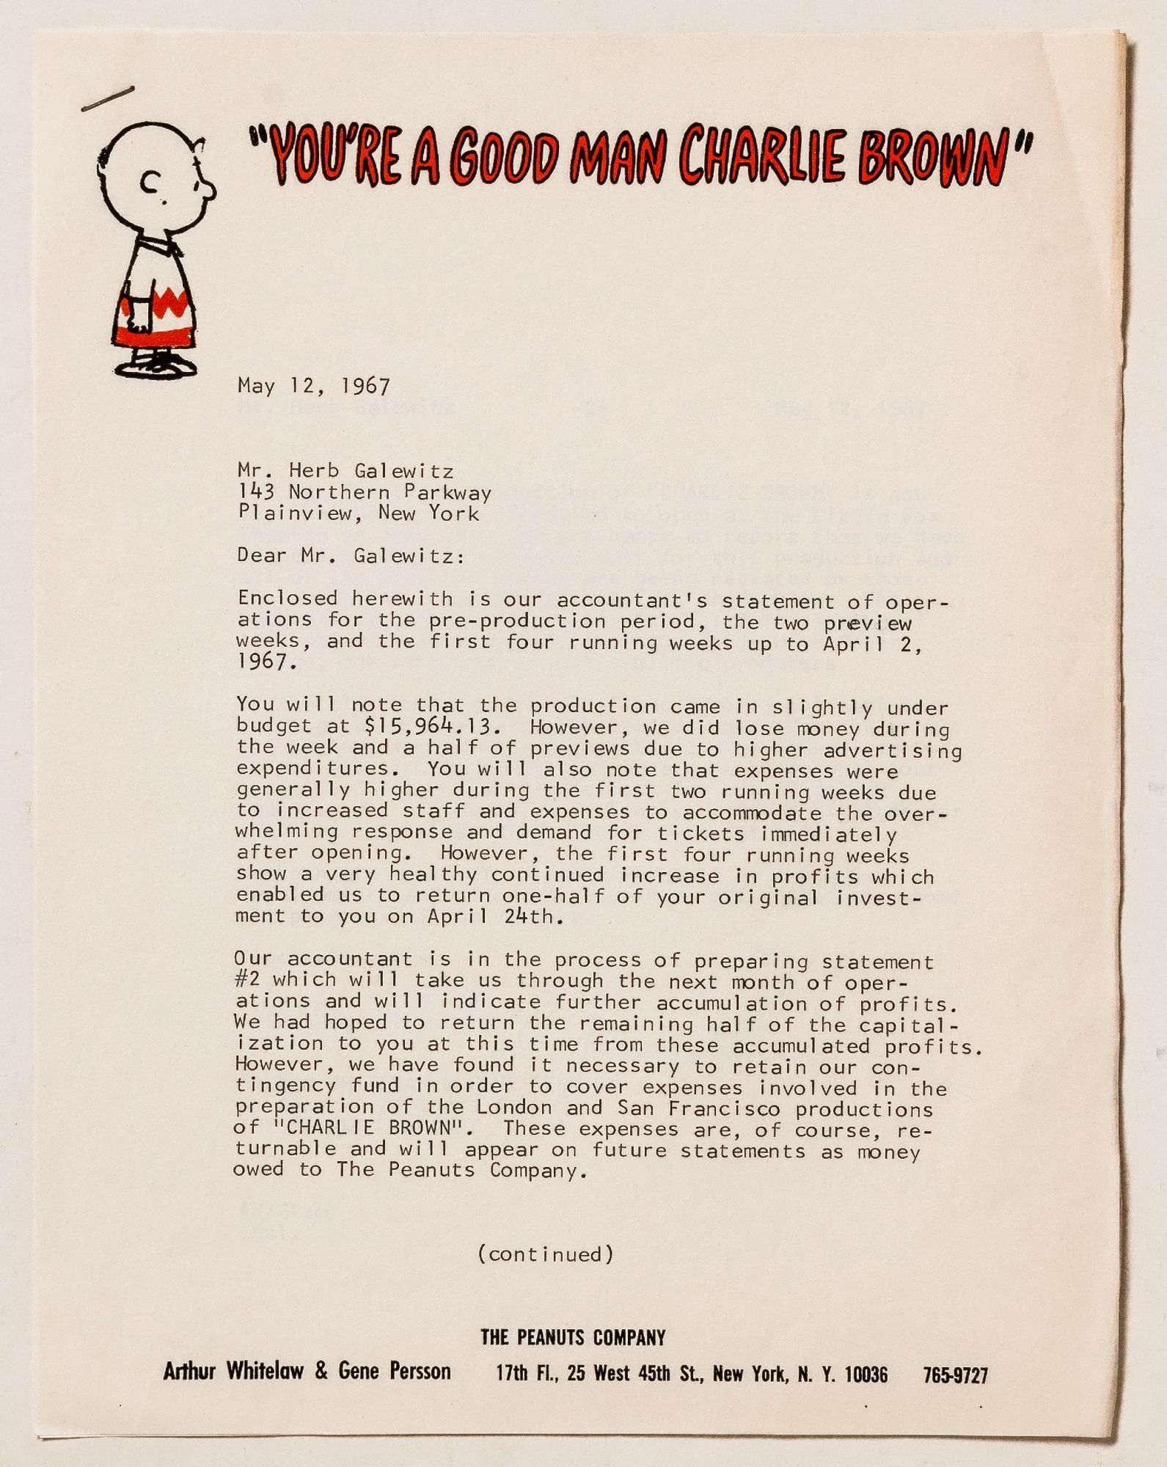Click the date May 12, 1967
tap(313, 386)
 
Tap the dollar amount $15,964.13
tap(433, 727)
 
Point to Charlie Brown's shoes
tap(156, 365)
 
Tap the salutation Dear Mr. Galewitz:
tap(351, 555)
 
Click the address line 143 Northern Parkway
tap(364, 491)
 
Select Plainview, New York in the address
tap(358, 512)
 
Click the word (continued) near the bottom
tap(545, 1254)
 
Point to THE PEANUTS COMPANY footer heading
tap(573, 1337)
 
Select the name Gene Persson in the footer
tap(394, 1370)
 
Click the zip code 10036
tap(866, 1374)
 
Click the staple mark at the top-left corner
tap(107, 98)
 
